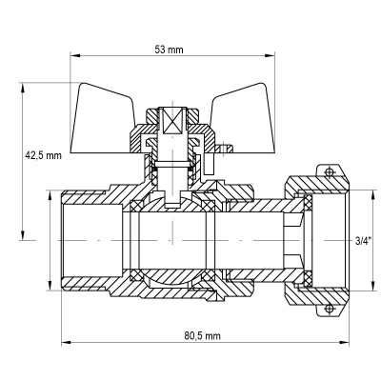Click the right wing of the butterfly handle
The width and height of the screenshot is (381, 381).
click(x=242, y=106)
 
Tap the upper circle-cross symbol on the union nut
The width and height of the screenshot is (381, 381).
click(x=329, y=171)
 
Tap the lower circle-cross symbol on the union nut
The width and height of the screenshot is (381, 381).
click(x=329, y=307)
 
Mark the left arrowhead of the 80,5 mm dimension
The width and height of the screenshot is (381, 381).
click(x=66, y=344)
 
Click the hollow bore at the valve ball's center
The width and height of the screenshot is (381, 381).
click(x=171, y=239)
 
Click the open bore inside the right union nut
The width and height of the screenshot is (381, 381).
click(x=324, y=239)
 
